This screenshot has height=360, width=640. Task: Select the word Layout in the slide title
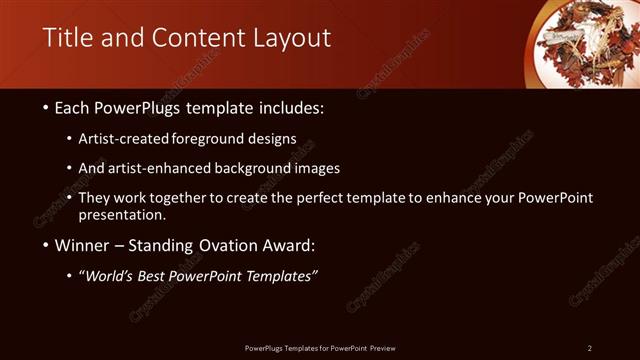pyautogui.click(x=290, y=38)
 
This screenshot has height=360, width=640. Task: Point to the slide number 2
pyautogui.click(x=590, y=348)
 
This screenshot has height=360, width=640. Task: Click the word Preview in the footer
pyautogui.click(x=382, y=348)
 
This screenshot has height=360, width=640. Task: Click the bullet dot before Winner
pyautogui.click(x=48, y=245)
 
